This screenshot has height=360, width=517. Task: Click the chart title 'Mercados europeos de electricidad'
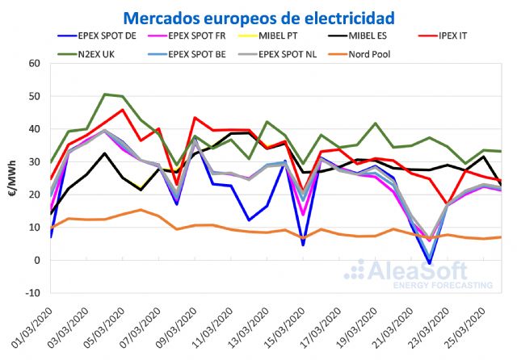point(258,17)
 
